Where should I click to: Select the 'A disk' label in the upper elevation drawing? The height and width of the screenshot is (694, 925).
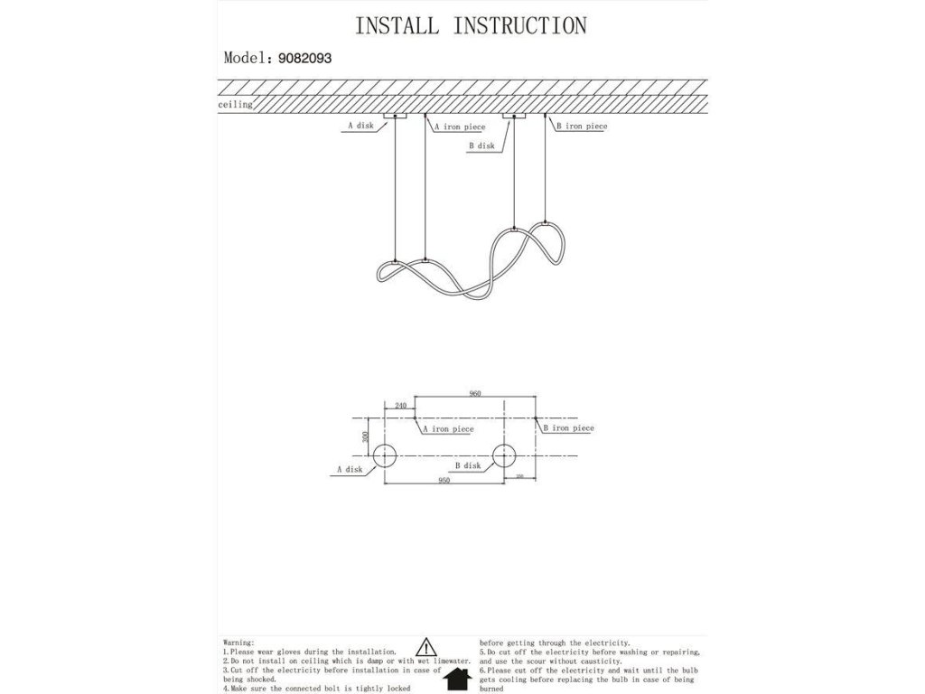pos(360,127)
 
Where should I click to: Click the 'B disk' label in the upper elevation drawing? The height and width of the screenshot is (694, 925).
pos(481,145)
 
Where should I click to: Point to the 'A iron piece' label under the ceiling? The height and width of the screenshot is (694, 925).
pos(460,127)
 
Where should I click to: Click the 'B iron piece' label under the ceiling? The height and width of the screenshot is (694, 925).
pos(581,127)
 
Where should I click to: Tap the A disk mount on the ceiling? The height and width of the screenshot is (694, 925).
pos(396,117)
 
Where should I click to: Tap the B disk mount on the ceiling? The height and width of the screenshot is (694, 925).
pos(515,117)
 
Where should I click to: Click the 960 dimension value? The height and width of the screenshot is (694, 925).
pos(475,394)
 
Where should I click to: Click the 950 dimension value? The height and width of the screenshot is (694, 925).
pos(444,482)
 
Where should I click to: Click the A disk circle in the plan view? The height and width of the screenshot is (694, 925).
pos(386,456)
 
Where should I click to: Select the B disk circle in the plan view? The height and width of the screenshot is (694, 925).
pos(504,456)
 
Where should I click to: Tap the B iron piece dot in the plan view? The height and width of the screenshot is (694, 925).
pos(537,419)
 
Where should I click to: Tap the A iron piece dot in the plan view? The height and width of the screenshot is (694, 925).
pos(415,419)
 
